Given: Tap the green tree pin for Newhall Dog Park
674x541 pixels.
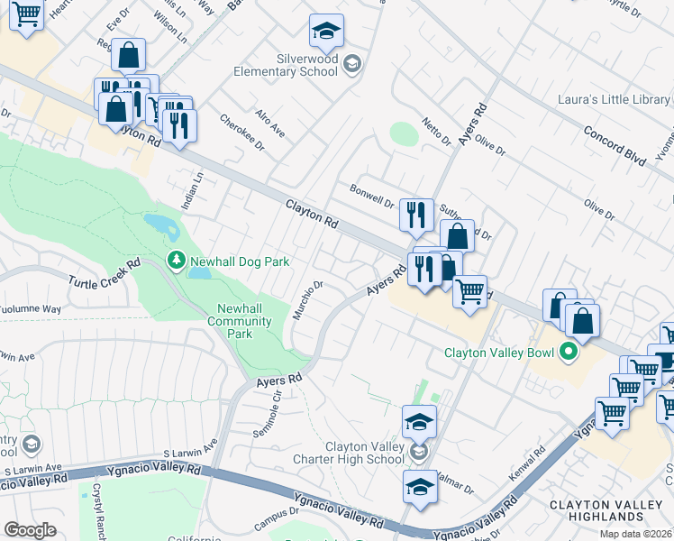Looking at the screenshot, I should pyautogui.click(x=177, y=261).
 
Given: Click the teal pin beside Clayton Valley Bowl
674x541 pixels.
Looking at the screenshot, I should pyautogui.click(x=569, y=352).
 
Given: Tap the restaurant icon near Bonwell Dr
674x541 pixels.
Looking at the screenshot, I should pyautogui.click(x=416, y=215).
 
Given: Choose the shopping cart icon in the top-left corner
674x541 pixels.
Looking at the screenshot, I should pyautogui.click(x=27, y=14).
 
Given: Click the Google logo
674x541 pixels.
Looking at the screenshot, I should pyautogui.click(x=30, y=530).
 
